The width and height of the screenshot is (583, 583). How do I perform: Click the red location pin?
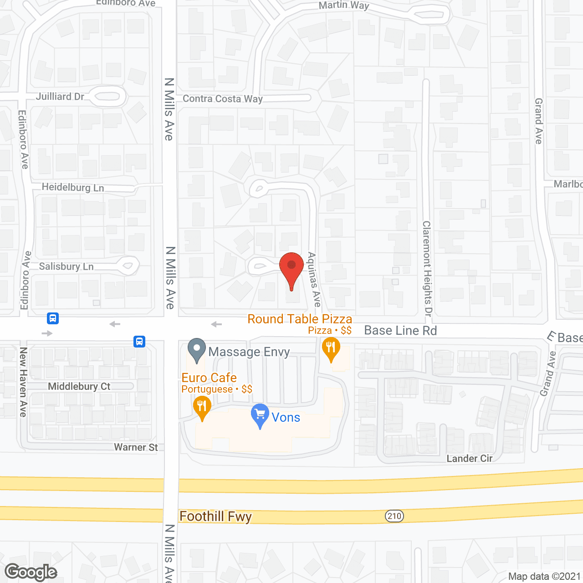[291, 269]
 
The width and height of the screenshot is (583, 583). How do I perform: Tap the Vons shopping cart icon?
[260, 415]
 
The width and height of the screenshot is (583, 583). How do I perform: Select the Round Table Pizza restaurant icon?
[331, 348]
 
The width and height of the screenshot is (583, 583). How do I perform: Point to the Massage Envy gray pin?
[197, 349]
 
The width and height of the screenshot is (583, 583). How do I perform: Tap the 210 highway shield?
[394, 516]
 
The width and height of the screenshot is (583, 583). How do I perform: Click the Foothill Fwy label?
[215, 517]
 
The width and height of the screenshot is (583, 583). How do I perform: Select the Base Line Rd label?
[400, 331]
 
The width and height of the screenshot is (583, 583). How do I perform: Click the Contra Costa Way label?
[223, 98]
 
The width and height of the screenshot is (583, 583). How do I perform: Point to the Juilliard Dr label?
[60, 97]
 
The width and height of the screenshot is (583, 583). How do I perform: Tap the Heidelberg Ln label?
[73, 187]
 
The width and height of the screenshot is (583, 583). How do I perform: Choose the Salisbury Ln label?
[66, 266]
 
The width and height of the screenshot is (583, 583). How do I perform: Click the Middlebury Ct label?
[79, 386]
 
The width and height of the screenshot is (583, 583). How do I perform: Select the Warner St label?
[136, 447]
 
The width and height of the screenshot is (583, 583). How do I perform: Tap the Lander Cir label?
[470, 458]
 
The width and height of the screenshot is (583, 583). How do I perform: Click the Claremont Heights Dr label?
[427, 269]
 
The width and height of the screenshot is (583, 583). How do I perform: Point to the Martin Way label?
[344, 5]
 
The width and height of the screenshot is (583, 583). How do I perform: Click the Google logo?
[31, 572]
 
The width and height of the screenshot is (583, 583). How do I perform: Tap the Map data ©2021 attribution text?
[544, 576]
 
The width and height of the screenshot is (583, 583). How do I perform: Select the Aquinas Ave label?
[314, 280]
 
